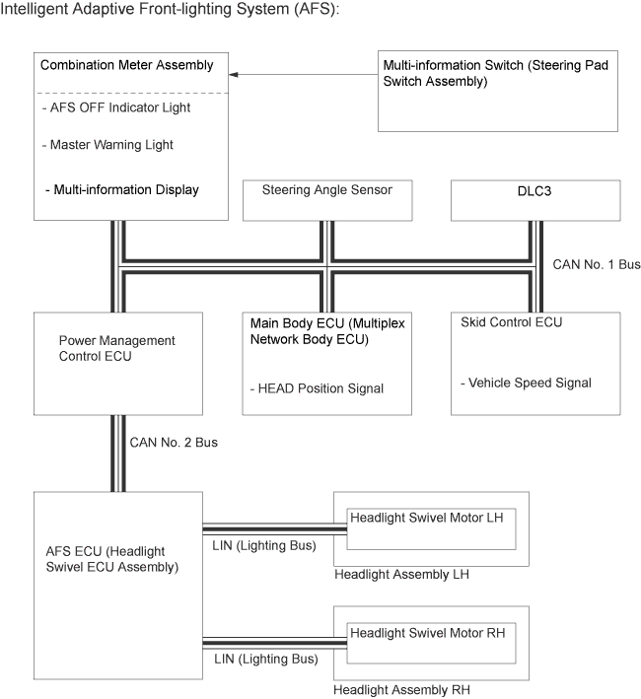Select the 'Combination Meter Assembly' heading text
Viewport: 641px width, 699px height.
tap(126, 65)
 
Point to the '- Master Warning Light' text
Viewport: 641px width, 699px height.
tap(107, 145)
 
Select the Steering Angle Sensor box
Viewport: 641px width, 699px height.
tap(325, 200)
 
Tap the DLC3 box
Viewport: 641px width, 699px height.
tap(535, 200)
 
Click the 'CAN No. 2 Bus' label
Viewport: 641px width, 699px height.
tap(174, 443)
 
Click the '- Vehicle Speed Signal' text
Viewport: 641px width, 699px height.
tap(526, 383)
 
